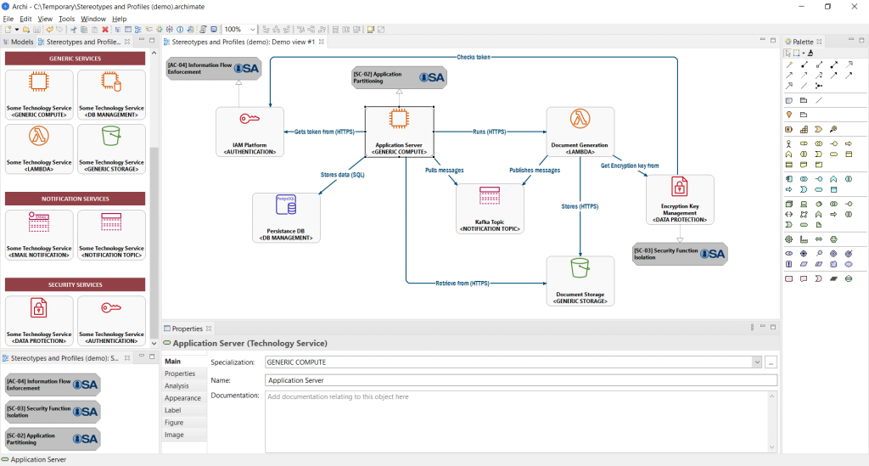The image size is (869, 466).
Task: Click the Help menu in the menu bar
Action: [x=119, y=18]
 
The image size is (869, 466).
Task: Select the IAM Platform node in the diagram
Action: [x=249, y=132]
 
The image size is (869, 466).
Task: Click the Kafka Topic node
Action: [x=491, y=208]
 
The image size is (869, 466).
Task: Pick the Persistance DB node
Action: [x=286, y=218]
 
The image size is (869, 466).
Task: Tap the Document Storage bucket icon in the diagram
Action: [x=580, y=269]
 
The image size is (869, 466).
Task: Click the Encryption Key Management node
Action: [x=680, y=199]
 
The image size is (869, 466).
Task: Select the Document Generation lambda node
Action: [x=580, y=132]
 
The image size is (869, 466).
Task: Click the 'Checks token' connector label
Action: [x=474, y=57]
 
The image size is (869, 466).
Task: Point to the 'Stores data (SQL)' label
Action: [x=342, y=174]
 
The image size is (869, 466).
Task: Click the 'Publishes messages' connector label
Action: [x=535, y=170]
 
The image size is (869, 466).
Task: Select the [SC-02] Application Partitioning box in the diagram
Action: [x=398, y=77]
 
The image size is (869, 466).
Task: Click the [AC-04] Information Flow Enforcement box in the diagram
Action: [x=213, y=68]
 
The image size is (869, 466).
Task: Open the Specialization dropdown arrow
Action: [x=756, y=362]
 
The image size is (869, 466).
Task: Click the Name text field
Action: [x=520, y=380]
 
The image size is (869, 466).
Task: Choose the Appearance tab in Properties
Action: [x=182, y=398]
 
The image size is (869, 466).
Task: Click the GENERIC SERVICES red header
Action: [x=76, y=59]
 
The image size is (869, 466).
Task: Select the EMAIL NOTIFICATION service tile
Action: [x=39, y=235]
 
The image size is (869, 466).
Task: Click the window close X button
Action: [x=853, y=6]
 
